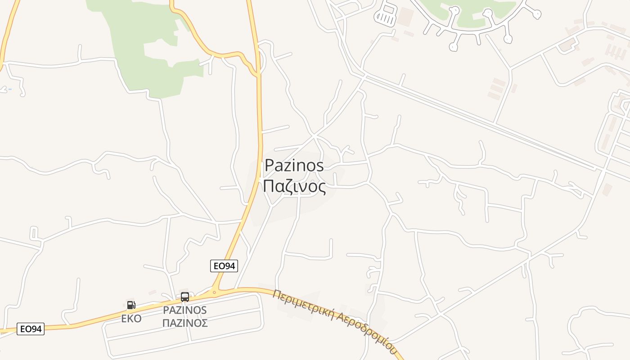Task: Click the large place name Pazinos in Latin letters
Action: click(294, 166)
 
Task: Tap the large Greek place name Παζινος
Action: click(294, 186)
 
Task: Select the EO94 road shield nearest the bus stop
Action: click(224, 266)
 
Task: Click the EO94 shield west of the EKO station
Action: click(31, 329)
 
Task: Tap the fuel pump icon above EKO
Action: click(131, 305)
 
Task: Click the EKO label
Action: click(131, 319)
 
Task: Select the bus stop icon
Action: click(185, 297)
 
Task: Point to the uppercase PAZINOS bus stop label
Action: click(185, 310)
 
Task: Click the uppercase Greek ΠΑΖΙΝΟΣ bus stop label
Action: click(185, 323)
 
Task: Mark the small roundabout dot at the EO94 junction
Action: click(214, 292)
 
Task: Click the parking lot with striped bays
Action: click(387, 15)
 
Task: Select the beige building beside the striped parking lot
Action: click(405, 16)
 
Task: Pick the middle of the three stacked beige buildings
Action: click(496, 89)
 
